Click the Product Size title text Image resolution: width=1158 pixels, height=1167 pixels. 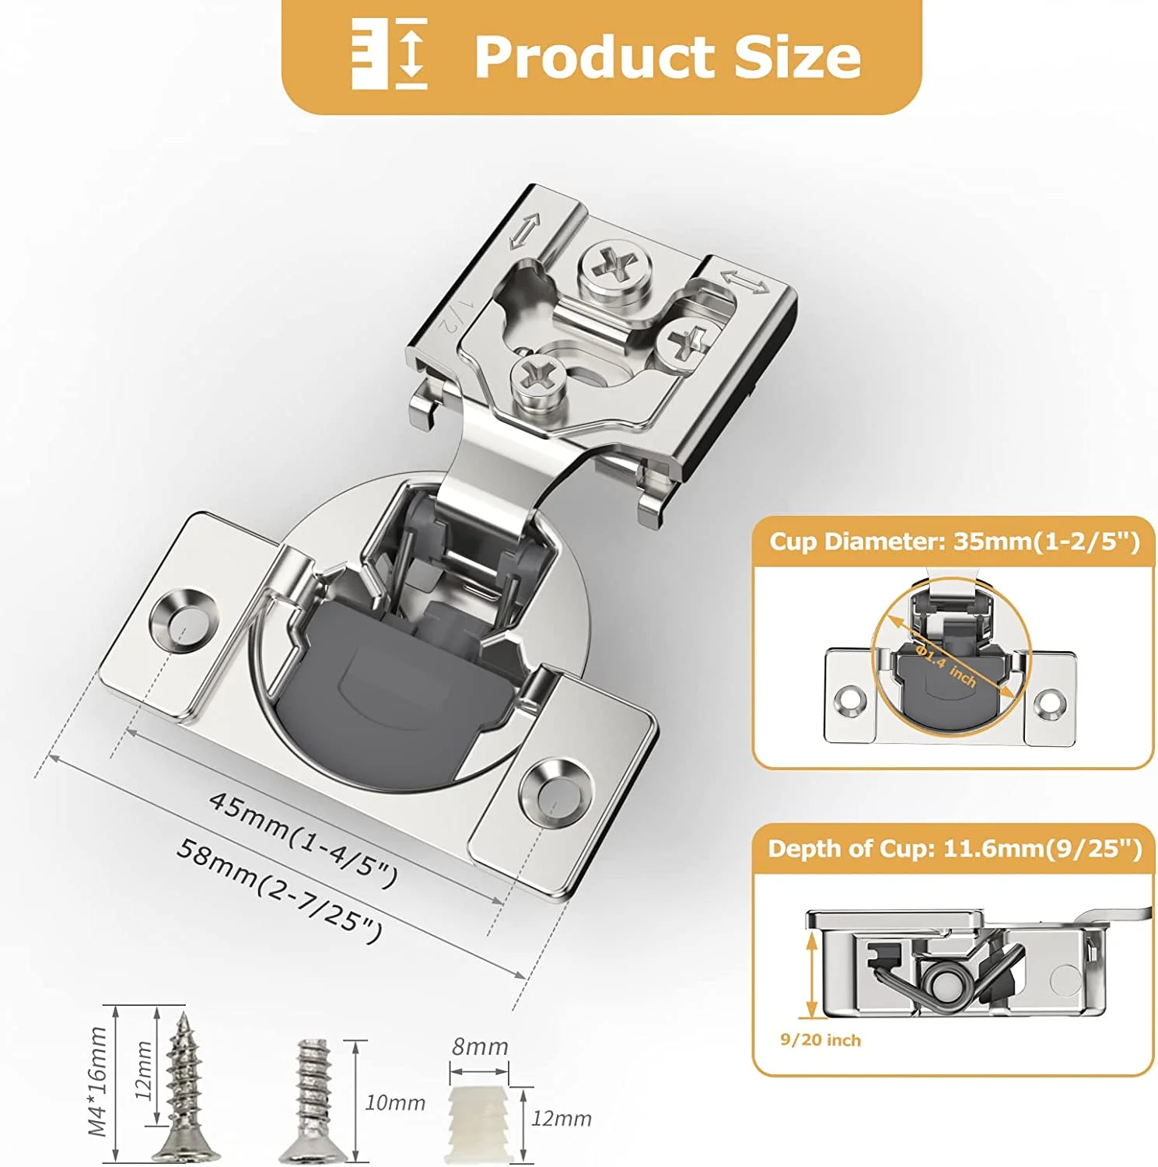tap(667, 57)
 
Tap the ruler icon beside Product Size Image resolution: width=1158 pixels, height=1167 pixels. tap(390, 54)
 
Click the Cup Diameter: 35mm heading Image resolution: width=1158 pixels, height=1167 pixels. tap(953, 541)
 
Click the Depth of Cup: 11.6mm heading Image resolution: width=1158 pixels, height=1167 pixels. tap(954, 848)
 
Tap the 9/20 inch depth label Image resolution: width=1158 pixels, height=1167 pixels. tap(820, 1040)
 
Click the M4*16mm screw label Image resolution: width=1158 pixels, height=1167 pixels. tap(97, 1081)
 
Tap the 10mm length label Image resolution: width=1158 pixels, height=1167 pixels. tap(395, 1102)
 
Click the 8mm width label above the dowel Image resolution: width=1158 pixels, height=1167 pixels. tap(480, 1046)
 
